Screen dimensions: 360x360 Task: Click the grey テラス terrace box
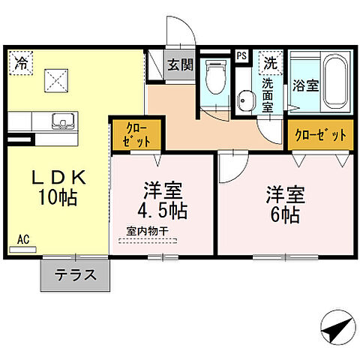tap(75, 274)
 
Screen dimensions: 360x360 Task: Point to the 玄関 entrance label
tap(179, 64)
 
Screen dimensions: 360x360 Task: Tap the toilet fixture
tap(214, 79)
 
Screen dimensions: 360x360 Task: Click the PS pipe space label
tap(241, 55)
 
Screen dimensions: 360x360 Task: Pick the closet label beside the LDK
tap(135, 134)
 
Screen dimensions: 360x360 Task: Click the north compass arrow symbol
tap(335, 327)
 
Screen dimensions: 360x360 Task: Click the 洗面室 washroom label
tap(267, 94)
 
